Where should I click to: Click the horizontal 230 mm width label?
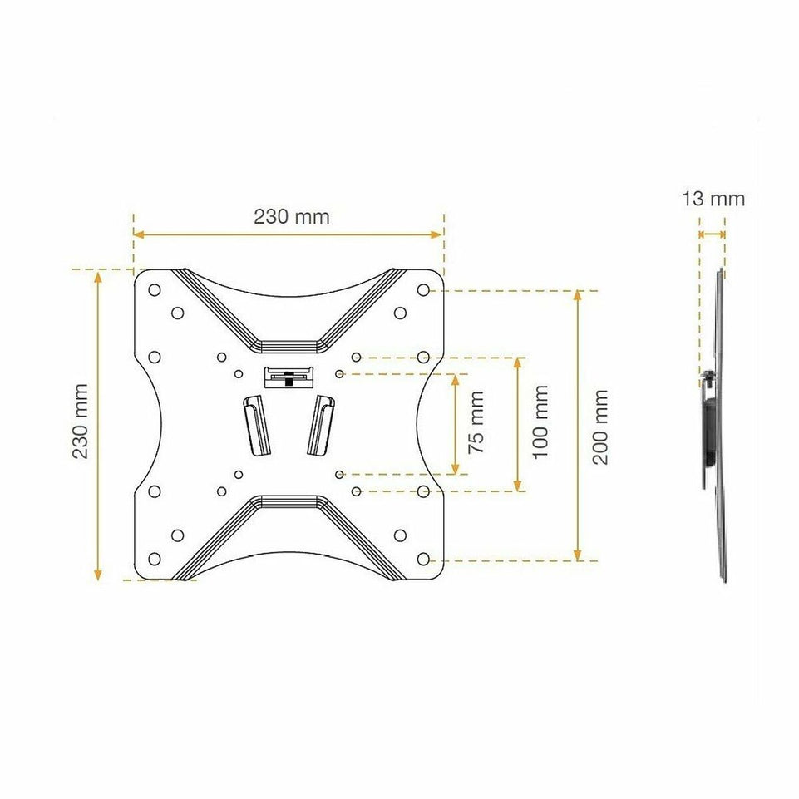pos(292,216)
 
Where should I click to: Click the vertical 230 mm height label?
pos(81,422)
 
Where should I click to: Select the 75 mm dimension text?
pos(476,422)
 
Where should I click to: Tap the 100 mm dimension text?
pos(540,422)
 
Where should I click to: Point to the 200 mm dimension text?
pos(600,427)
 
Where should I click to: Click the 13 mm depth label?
pos(713,199)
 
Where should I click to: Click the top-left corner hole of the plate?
pos(155,290)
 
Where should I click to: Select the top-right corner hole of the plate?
pos(423,290)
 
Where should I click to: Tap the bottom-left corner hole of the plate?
pos(155,559)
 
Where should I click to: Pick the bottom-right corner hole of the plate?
pos(423,559)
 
